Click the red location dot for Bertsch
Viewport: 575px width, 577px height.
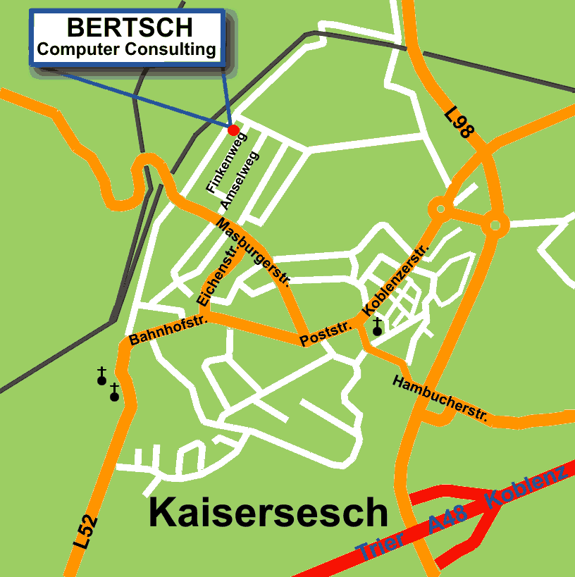pyautogui.click(x=233, y=130)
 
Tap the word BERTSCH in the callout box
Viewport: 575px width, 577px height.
pyautogui.click(x=130, y=28)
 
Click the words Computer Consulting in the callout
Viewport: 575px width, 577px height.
pyautogui.click(x=127, y=49)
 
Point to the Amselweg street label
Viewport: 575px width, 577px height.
pyautogui.click(x=240, y=180)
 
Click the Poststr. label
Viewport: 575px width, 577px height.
pyautogui.click(x=326, y=334)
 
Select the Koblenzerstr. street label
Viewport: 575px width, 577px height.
pyautogui.click(x=395, y=280)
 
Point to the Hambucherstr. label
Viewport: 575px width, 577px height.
pyautogui.click(x=440, y=398)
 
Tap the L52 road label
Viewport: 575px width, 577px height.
pyautogui.click(x=85, y=533)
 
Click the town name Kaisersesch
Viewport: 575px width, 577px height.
pyautogui.click(x=268, y=513)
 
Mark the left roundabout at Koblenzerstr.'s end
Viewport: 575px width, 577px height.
pyautogui.click(x=440, y=209)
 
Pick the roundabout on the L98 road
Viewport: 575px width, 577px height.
pyautogui.click(x=495, y=225)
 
